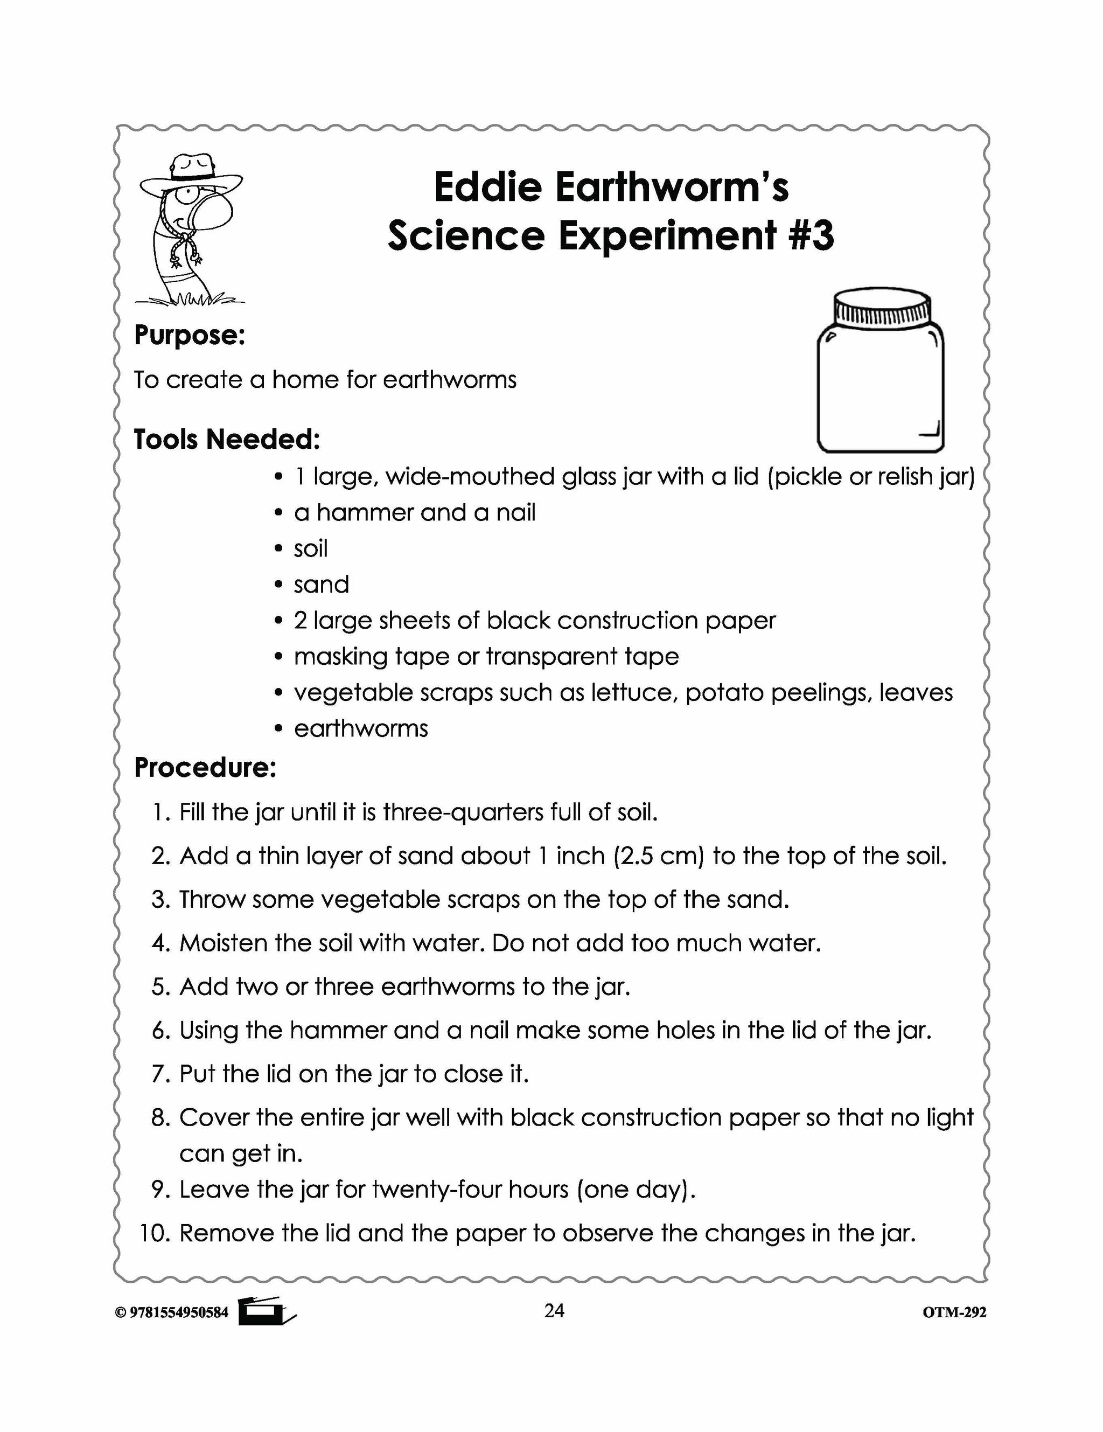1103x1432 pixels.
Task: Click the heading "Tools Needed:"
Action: click(227, 439)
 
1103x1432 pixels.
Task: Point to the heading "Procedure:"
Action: click(205, 768)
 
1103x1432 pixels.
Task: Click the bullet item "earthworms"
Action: click(360, 728)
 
